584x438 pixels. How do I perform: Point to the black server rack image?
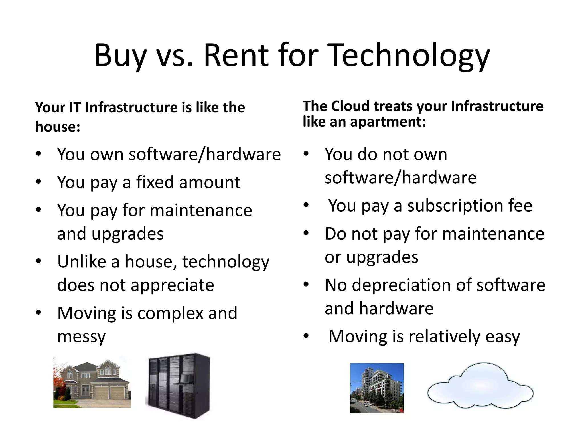tap(178, 386)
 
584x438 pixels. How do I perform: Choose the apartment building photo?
tap(377, 388)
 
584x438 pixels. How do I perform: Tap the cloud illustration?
tap(480, 385)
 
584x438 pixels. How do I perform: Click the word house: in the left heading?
tap(58, 127)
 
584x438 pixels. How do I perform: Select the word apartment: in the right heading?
tap(388, 122)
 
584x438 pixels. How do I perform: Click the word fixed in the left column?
tap(155, 182)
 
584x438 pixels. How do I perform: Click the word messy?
tap(81, 337)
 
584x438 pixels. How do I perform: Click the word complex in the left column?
tap(171, 313)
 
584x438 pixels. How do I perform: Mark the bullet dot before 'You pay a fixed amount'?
tap(39, 182)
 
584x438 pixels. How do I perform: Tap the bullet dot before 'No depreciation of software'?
tap(306, 284)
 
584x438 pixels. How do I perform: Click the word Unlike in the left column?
tap(82, 261)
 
